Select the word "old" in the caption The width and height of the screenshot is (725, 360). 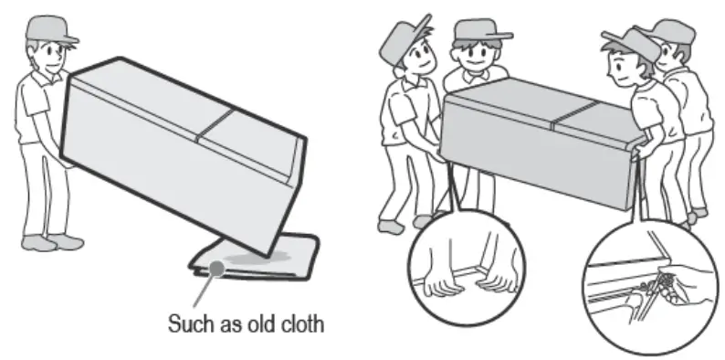point(260,323)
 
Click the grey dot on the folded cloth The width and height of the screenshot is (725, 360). point(216,268)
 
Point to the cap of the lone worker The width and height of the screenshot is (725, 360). point(50,28)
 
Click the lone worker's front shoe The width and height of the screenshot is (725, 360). point(65,241)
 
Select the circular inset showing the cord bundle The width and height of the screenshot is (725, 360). point(649,286)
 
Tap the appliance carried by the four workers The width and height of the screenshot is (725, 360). point(541,139)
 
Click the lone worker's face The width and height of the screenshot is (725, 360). point(52,55)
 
